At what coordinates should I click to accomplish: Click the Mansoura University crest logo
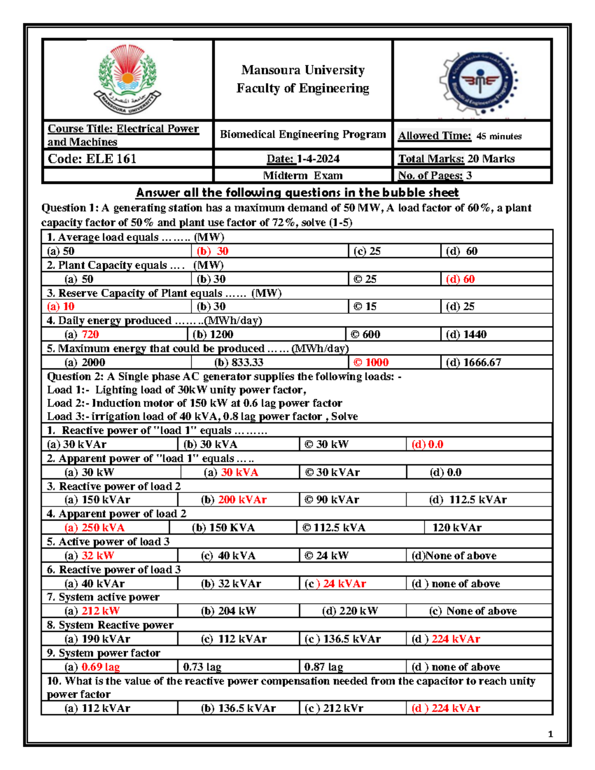pyautogui.click(x=127, y=79)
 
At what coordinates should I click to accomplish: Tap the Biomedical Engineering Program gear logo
pyautogui.click(x=478, y=82)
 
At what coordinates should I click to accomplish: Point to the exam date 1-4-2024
pyautogui.click(x=318, y=159)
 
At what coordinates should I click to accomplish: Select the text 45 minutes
pyautogui.click(x=499, y=136)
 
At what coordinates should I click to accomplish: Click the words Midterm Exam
pyautogui.click(x=302, y=176)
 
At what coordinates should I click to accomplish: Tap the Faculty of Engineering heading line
pyautogui.click(x=302, y=88)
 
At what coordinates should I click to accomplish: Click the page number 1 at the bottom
pyautogui.click(x=550, y=734)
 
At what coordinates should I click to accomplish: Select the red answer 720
pyautogui.click(x=90, y=335)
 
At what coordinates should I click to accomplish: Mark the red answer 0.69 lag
pyautogui.click(x=101, y=667)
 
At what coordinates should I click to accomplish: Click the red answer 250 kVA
pyautogui.click(x=103, y=528)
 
